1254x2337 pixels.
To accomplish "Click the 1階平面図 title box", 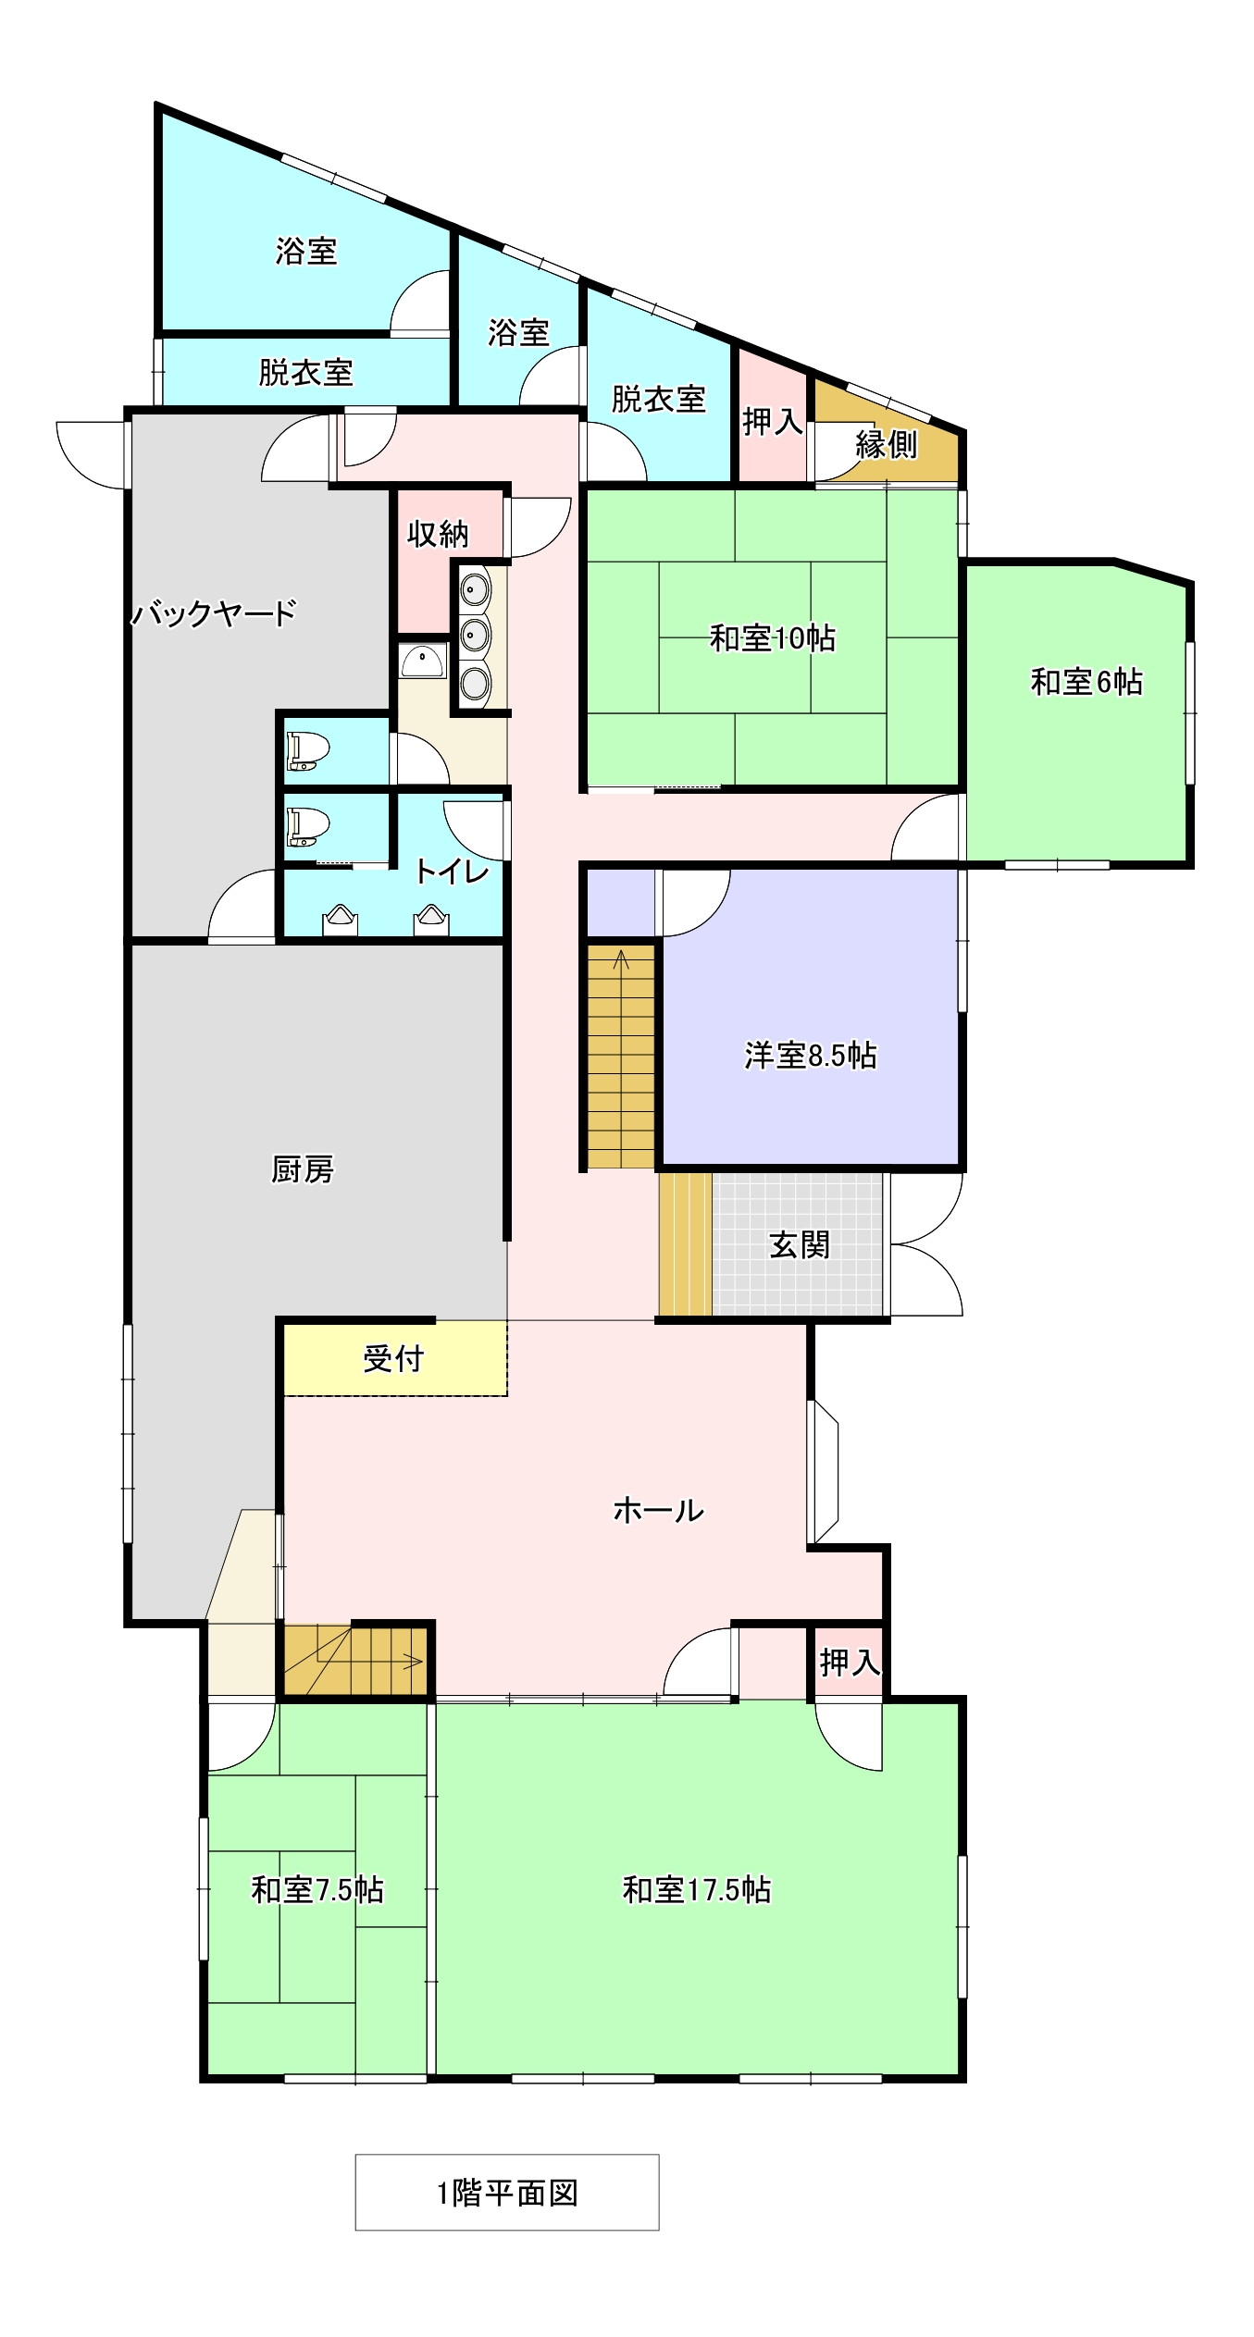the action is tap(507, 2192).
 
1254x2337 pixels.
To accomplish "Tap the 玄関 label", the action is tap(799, 1244).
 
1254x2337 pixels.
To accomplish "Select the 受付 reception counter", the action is tap(395, 1358).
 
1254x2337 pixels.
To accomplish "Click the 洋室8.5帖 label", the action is tap(811, 1055).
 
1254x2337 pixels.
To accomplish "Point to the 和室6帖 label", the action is tap(1086, 682).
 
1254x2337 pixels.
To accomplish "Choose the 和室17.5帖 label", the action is tap(697, 1889).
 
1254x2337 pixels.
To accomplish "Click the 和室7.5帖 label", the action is tap(317, 1889).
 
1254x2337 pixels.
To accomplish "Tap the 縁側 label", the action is tap(886, 445).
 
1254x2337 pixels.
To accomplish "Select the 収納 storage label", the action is tap(438, 534).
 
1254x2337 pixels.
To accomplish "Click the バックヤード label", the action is tap(214, 612).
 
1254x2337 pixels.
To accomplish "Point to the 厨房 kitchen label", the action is tap(303, 1169).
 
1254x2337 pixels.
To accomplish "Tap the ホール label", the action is tap(658, 1511).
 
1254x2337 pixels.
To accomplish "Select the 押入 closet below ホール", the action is tap(849, 1663).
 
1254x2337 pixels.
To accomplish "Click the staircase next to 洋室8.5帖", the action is tap(621, 1056).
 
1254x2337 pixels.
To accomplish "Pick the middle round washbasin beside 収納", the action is tap(476, 635).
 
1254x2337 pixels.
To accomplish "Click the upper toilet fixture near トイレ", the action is tap(309, 750).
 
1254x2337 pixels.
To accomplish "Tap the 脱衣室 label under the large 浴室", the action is tap(305, 372).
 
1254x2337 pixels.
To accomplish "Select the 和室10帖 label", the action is tap(773, 637).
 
